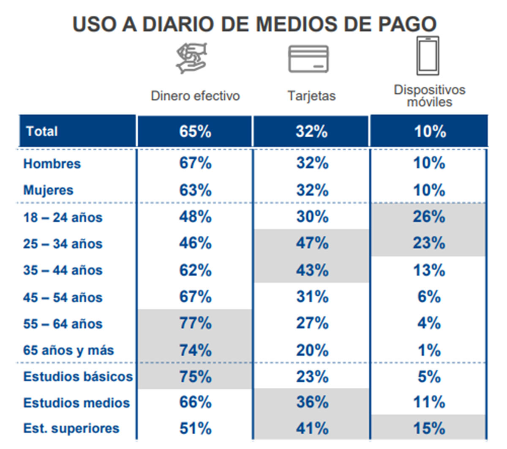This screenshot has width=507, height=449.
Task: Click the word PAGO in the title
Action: pos(407,24)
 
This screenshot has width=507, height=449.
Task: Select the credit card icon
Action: pos(308,59)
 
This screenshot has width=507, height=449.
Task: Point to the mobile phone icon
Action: pos(428,56)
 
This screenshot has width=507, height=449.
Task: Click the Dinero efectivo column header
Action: pos(195,96)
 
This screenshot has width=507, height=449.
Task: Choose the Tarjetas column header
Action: pos(311,96)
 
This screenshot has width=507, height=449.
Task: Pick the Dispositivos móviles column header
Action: pos(429,96)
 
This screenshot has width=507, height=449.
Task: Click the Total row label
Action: pos(42,131)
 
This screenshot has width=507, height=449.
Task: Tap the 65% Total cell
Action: pos(195,131)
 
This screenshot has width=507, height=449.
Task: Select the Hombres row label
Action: pos(52,163)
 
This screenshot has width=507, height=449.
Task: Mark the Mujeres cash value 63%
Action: pos(195,190)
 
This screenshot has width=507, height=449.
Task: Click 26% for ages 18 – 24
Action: pos(429,217)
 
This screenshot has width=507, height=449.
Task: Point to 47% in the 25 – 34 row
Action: pos(312,243)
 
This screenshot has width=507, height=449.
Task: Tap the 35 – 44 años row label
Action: pos(63,270)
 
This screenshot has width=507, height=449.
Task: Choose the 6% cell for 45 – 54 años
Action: pos(429,297)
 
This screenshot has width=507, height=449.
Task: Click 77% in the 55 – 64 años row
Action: pos(195,324)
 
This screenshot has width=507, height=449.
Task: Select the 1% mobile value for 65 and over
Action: pos(429,350)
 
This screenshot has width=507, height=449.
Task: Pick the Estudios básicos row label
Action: pos(78,376)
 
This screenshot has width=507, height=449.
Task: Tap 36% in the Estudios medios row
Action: pos(312,402)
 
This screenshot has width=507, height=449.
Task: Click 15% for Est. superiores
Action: pos(429,428)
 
